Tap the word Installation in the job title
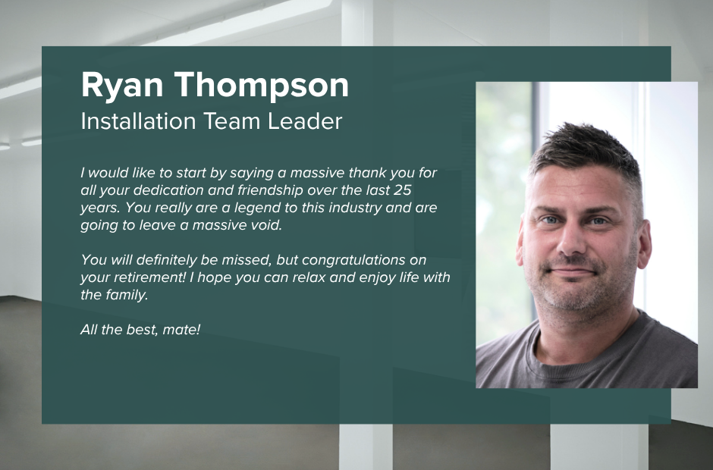click(138, 121)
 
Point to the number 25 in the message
click(403, 190)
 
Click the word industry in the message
click(355, 208)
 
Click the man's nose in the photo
click(573, 239)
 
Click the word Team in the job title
click(231, 121)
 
